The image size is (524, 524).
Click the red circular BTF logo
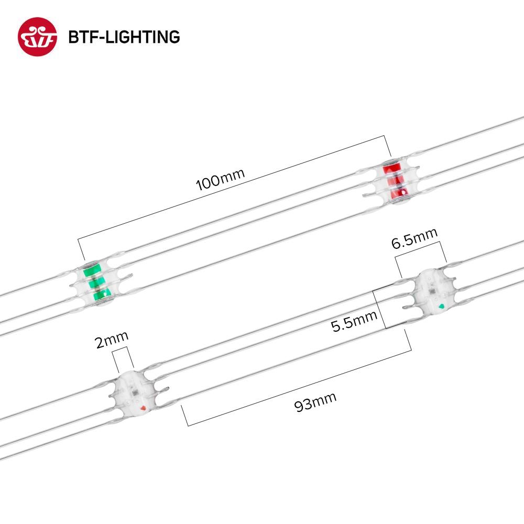point(37,37)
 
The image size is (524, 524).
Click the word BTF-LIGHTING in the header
point(124,37)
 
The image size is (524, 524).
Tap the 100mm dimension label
point(220,179)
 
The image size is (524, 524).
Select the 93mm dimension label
point(315,402)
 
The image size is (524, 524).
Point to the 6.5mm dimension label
point(414,238)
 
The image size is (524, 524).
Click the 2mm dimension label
point(112,340)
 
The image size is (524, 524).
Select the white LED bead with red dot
point(134,391)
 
